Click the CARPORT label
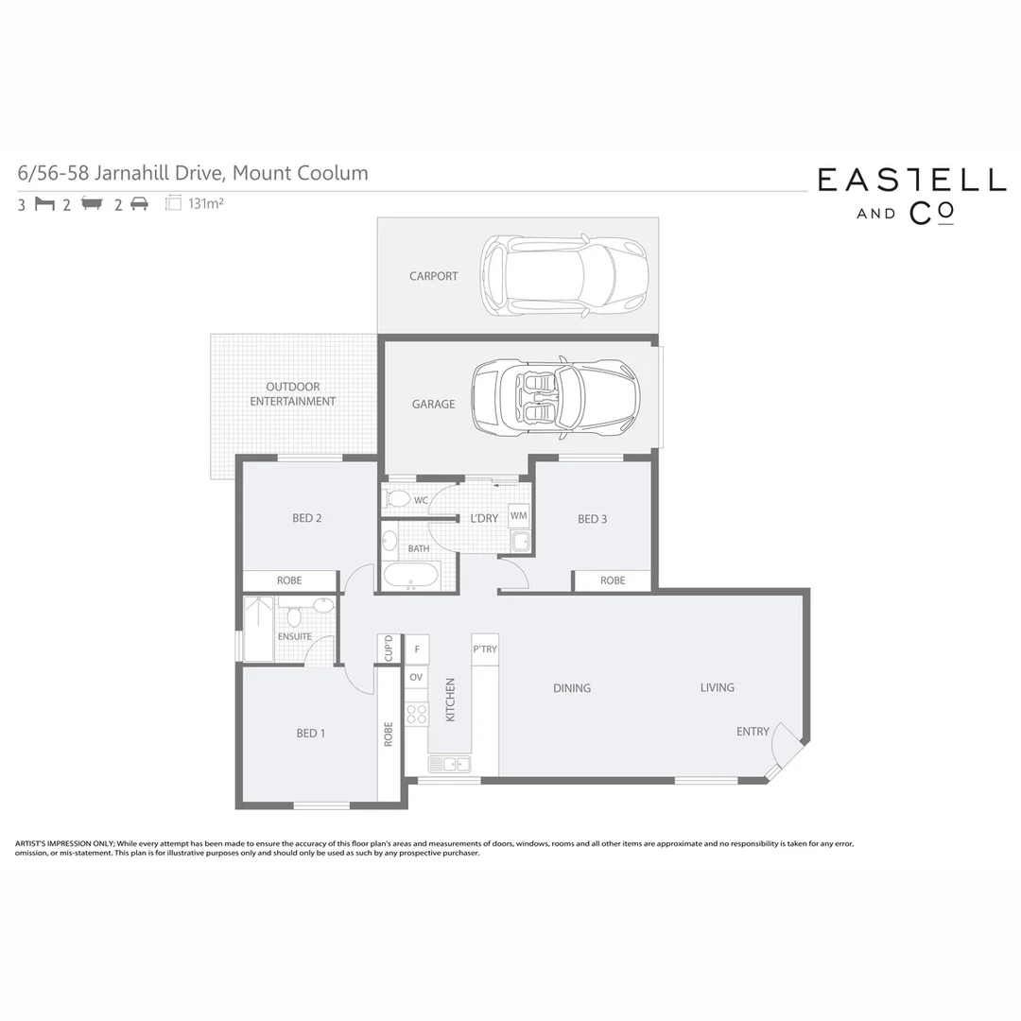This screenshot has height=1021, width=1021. (433, 276)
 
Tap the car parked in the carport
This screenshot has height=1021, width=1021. (564, 276)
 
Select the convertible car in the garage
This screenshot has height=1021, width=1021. (556, 397)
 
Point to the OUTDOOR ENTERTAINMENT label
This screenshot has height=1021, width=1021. (292, 394)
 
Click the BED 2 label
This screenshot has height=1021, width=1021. (307, 518)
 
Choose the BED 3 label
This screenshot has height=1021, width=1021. (593, 519)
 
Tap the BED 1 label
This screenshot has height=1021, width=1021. (311, 733)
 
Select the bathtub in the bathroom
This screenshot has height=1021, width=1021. (411, 576)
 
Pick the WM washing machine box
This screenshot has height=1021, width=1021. (519, 515)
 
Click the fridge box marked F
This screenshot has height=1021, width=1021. (417, 649)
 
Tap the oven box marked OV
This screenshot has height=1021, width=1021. (417, 678)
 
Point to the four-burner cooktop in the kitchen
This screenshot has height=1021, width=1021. (417, 714)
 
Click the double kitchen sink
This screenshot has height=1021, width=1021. (449, 764)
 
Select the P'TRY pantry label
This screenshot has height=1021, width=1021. (485, 649)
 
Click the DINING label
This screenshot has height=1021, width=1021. (572, 688)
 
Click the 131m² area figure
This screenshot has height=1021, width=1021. (205, 203)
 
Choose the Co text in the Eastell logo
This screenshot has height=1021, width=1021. (931, 214)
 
